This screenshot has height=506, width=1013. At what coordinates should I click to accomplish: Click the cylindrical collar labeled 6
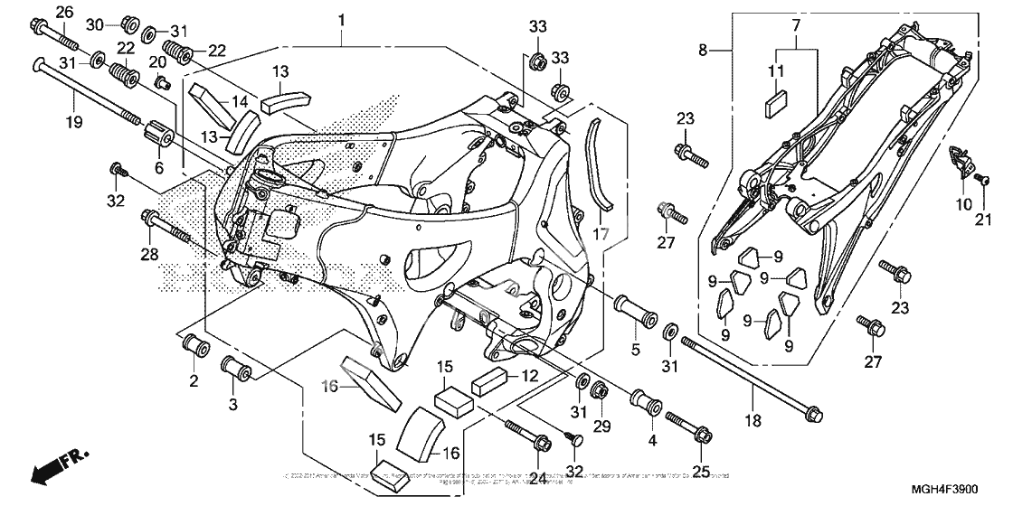160,137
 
